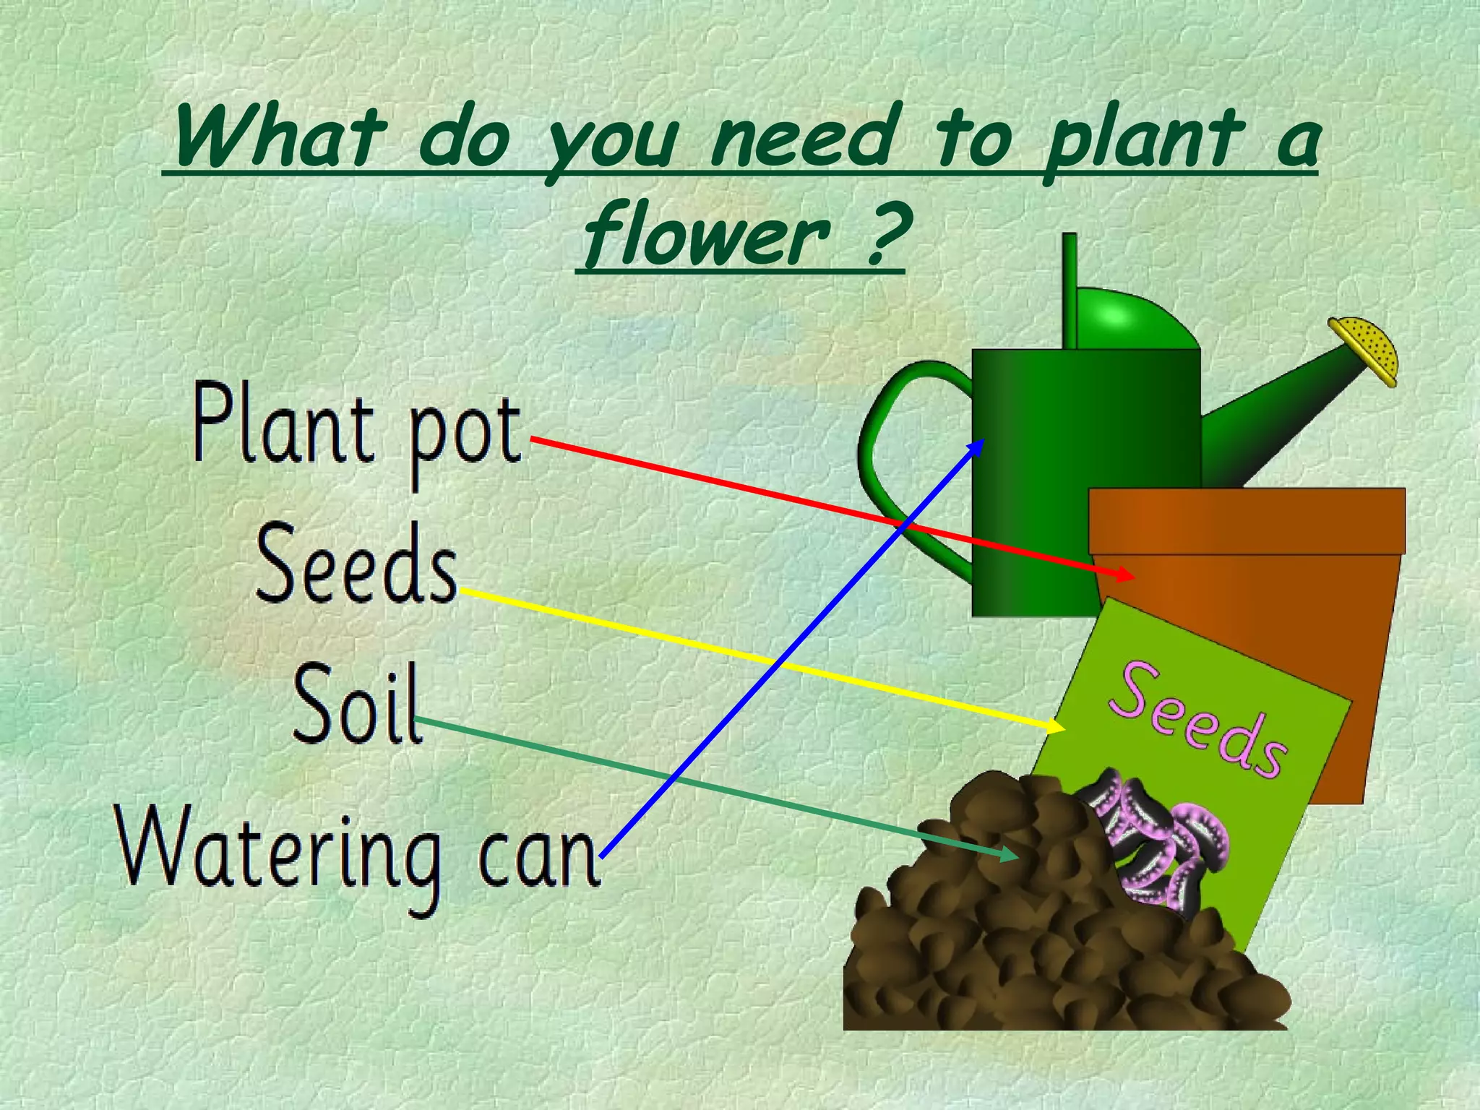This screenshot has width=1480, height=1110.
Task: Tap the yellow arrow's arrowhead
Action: pos(1057,726)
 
